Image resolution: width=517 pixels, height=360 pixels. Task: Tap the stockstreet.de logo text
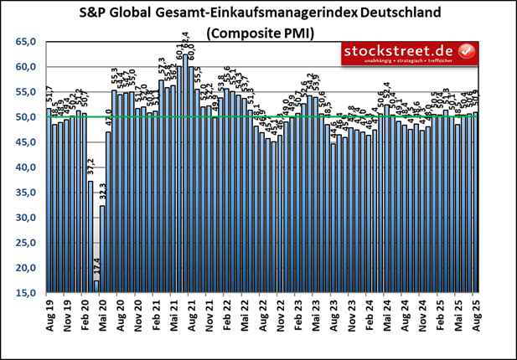(401, 53)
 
